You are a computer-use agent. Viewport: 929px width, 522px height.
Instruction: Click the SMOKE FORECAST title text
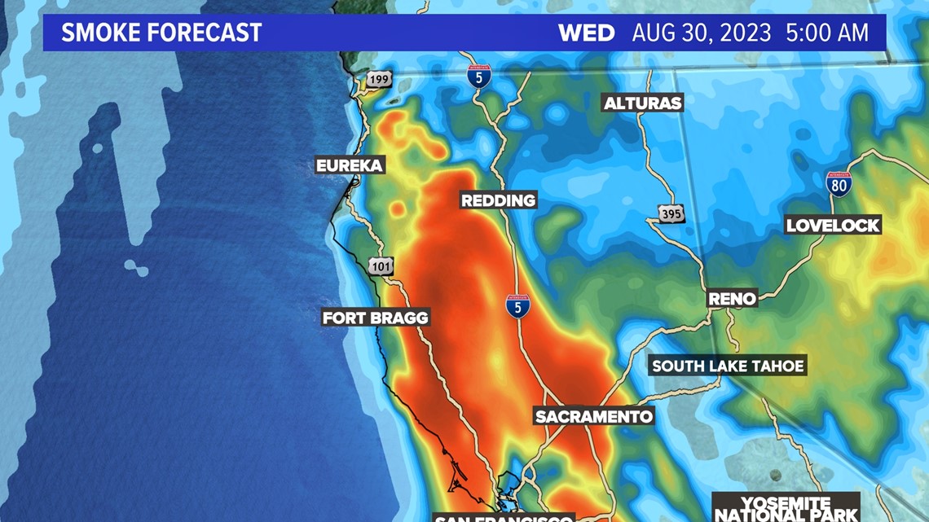point(161,33)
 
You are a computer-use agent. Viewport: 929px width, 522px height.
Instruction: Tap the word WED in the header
point(586,33)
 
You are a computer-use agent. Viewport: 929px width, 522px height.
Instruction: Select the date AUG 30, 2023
point(701,33)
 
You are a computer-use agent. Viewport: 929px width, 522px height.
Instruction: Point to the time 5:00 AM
point(827,33)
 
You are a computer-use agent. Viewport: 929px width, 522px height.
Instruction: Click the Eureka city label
point(350,166)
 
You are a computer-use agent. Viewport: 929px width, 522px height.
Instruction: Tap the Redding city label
point(499,200)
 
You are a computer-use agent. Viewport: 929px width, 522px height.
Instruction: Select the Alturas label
point(642,103)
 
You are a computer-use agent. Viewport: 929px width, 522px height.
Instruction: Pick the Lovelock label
point(833,226)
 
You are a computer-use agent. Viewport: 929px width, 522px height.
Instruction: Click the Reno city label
point(732,299)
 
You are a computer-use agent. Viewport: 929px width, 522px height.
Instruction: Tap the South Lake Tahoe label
point(728,366)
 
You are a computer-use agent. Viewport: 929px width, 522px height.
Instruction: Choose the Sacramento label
point(594,417)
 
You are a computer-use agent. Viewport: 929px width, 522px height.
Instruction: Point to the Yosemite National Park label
point(786,508)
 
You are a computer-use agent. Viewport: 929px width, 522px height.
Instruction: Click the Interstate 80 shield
point(839,184)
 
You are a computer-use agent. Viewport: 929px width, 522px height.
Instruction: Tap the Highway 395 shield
point(671,213)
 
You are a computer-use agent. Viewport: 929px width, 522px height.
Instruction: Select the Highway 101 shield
point(381,266)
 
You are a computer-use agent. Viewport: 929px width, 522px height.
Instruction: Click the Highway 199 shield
point(379,80)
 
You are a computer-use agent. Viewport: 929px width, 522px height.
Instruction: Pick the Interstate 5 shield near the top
point(479,76)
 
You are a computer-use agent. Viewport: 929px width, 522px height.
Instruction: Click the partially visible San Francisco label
point(504,518)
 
